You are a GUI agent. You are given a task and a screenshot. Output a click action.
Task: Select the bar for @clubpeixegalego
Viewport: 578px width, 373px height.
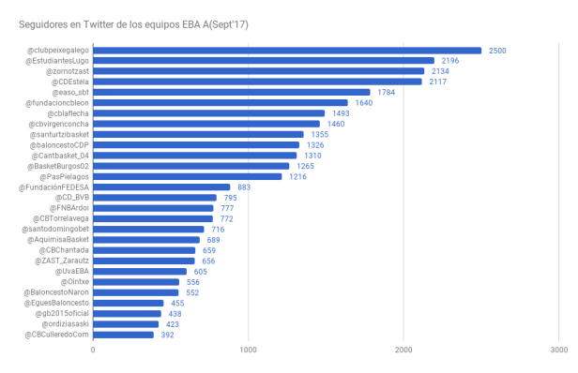[x=286, y=51]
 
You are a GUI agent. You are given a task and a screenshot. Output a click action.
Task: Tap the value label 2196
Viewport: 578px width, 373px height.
[x=451, y=61]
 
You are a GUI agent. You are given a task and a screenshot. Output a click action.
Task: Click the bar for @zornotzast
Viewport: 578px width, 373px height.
[x=258, y=71]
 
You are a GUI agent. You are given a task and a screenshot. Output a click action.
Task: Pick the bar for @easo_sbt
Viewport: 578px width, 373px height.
[x=231, y=92]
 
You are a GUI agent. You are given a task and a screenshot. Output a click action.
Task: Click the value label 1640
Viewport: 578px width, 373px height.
[x=362, y=103]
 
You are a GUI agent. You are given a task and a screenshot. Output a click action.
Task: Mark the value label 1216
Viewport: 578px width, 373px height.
[x=297, y=176]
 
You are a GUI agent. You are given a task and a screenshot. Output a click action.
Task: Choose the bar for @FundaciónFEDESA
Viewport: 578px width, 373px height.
[x=161, y=186]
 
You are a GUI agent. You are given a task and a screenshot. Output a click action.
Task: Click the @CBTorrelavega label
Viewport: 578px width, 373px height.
[x=60, y=218]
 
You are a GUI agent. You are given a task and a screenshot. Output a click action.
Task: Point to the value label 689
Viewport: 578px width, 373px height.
[x=214, y=240]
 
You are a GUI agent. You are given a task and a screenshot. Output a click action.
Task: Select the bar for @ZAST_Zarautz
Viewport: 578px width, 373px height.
[x=144, y=261]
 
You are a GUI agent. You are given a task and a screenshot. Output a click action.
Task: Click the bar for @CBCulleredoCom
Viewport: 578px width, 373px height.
[x=123, y=335]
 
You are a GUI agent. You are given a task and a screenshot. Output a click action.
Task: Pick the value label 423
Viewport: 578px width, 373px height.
[x=173, y=324]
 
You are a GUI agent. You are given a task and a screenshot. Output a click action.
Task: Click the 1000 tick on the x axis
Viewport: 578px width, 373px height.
[x=248, y=351]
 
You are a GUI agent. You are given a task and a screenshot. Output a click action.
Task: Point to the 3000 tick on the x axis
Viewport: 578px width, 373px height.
[x=557, y=351]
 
